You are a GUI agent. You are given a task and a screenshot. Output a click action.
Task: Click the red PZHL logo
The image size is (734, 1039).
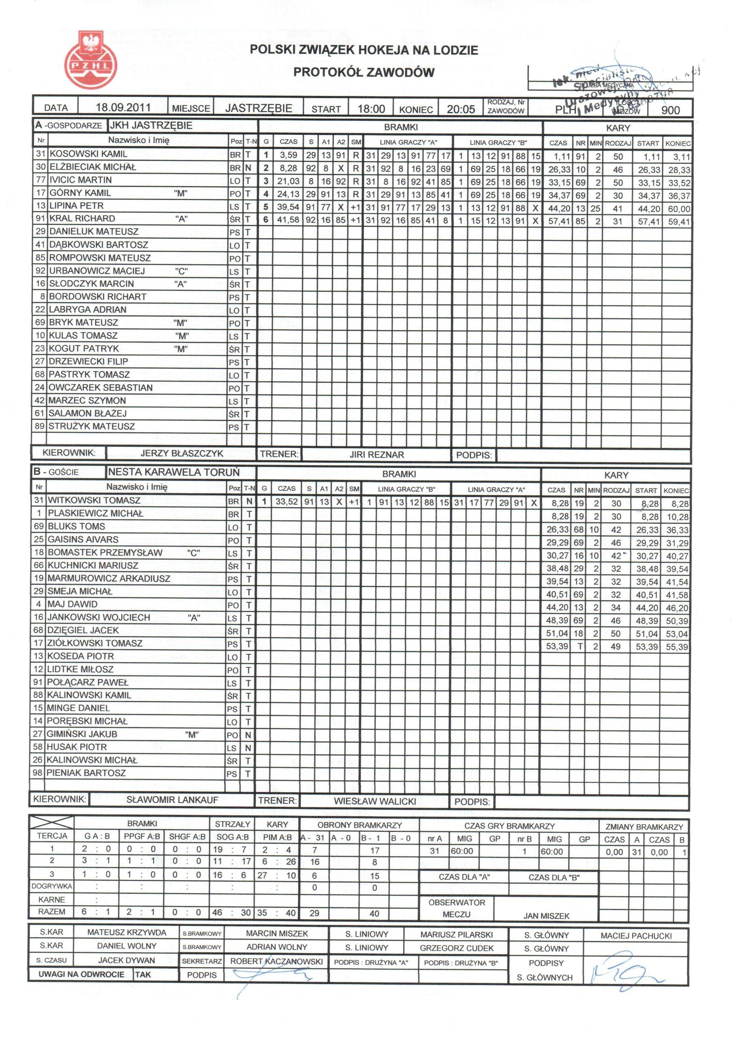click(91, 59)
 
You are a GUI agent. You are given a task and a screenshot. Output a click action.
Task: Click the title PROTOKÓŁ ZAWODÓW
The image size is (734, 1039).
click(364, 72)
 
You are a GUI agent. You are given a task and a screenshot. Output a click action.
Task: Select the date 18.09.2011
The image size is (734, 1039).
click(123, 108)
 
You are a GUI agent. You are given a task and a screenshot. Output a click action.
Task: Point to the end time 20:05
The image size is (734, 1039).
click(460, 109)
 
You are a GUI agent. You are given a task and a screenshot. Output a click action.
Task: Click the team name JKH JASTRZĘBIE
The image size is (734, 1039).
click(151, 126)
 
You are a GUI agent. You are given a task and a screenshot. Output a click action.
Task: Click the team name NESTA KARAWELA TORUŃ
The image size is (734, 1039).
click(174, 472)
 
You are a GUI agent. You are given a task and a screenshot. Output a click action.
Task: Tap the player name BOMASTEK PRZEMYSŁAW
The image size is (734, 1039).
click(105, 552)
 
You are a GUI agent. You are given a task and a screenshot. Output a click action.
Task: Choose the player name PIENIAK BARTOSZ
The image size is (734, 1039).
click(86, 773)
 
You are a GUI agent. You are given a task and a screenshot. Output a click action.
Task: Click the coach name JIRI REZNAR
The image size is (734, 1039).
click(376, 454)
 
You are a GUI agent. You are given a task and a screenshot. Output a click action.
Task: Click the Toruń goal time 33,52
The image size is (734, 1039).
click(286, 501)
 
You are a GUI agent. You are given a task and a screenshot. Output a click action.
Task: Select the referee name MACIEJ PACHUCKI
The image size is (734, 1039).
click(636, 936)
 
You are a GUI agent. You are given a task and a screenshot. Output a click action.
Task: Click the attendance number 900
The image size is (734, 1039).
click(670, 110)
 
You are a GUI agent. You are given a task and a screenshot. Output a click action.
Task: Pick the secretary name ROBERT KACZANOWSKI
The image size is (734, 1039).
click(276, 961)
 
